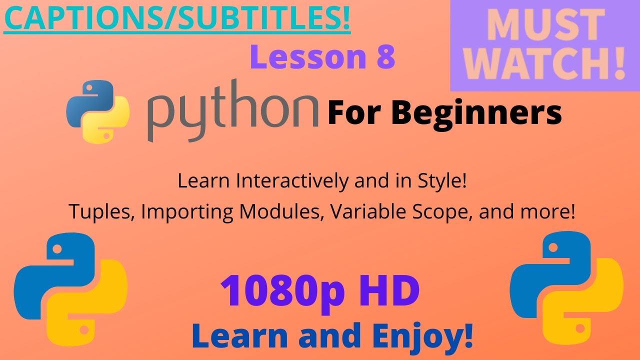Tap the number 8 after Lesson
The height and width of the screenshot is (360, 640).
click(383, 57)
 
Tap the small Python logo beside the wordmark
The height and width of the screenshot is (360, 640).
click(98, 111)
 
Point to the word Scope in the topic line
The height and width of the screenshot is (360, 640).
click(445, 212)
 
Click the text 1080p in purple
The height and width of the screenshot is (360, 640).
click(281, 292)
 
